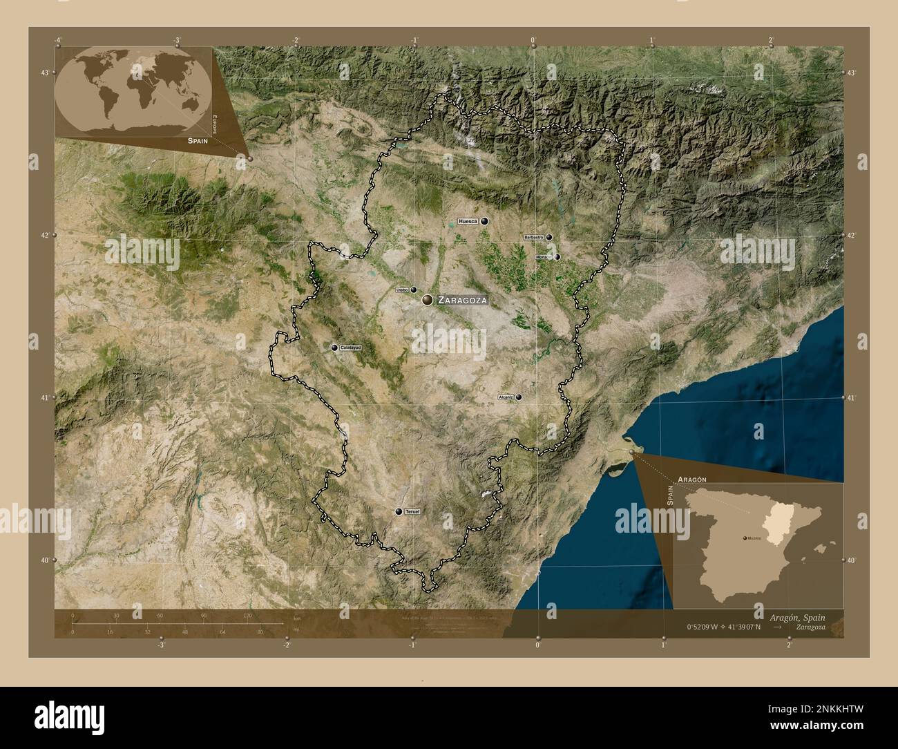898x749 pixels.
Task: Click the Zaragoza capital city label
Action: click(463, 301)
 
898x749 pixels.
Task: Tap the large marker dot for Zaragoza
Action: click(428, 300)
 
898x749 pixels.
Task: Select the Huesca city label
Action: click(468, 221)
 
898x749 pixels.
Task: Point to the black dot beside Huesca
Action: click(485, 221)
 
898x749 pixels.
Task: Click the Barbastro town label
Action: click(534, 237)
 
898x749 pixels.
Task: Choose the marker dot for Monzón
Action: click(557, 257)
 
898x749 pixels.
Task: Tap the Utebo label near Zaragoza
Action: click(402, 290)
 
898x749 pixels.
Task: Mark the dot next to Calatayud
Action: click(334, 348)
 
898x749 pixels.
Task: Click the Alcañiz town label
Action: click(505, 397)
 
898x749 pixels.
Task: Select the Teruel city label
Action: click(412, 511)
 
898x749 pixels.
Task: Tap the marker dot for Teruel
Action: click(399, 511)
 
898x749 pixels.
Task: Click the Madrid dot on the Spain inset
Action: click(743, 537)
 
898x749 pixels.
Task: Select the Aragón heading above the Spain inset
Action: click(692, 479)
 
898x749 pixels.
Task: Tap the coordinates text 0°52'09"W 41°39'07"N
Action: click(723, 627)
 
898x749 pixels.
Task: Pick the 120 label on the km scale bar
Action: click(247, 615)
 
